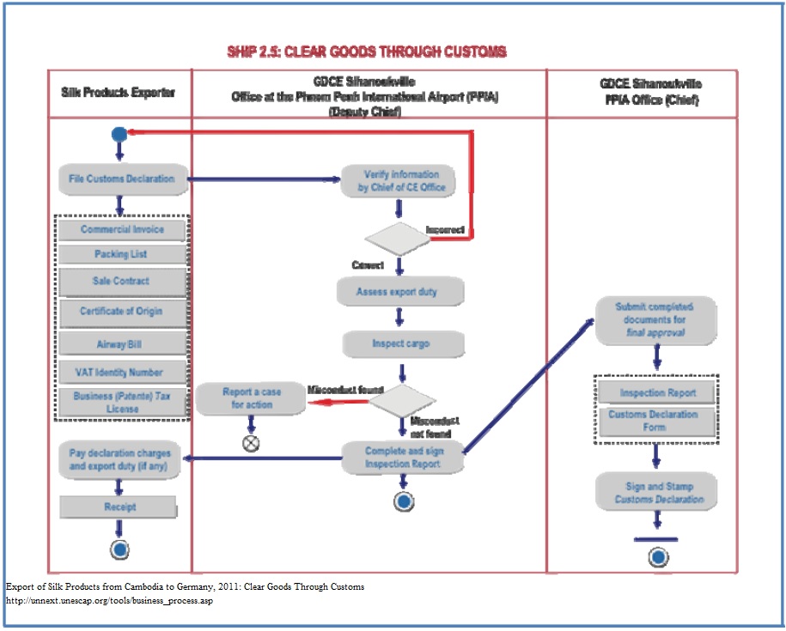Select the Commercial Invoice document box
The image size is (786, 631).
click(x=121, y=230)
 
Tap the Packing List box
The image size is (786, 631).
click(x=121, y=255)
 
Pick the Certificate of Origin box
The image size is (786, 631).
click(x=121, y=311)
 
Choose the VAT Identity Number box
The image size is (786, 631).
click(x=121, y=372)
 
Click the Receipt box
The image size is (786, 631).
click(x=119, y=507)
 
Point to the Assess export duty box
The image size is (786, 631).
click(x=400, y=292)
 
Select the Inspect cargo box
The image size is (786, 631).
click(x=402, y=343)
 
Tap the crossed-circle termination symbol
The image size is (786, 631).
click(x=251, y=444)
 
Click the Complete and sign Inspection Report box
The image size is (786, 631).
click(x=403, y=458)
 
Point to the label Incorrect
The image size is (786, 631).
click(x=446, y=230)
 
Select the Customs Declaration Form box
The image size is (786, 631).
click(x=656, y=420)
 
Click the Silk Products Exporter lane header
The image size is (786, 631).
click(x=119, y=92)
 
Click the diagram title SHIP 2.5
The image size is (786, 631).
click(x=367, y=52)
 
